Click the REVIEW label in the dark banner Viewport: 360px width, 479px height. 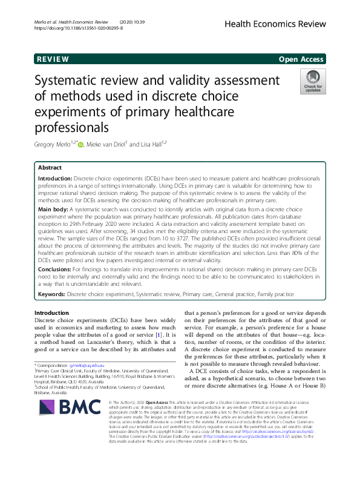tap(53, 59)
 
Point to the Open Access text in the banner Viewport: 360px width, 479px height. tap(302, 59)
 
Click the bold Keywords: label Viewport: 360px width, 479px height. tap(52, 294)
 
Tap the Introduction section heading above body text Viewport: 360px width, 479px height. tap(52, 312)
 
